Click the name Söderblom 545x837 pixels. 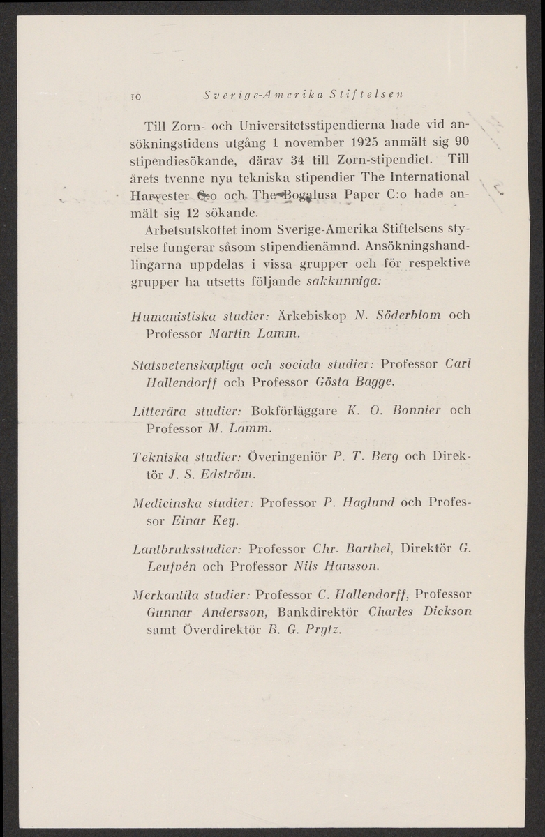[406, 315]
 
